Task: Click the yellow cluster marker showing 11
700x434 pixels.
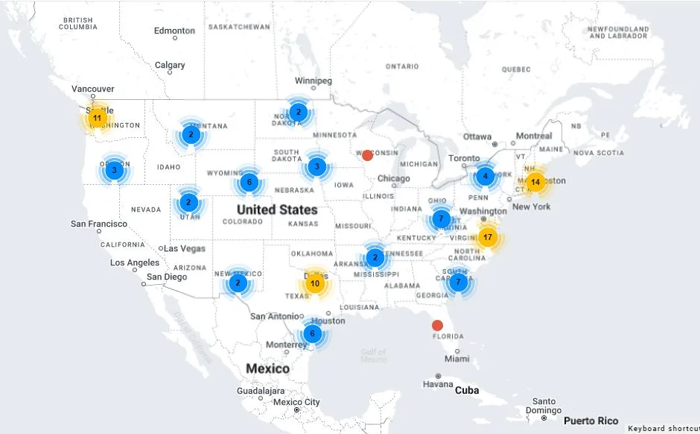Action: tap(97, 118)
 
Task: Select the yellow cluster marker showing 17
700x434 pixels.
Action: tap(488, 238)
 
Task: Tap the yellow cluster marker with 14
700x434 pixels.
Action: tap(535, 182)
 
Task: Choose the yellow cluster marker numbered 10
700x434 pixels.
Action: tap(315, 283)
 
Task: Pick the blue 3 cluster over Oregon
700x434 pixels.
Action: tap(114, 170)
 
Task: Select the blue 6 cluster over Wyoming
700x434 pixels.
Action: tap(249, 182)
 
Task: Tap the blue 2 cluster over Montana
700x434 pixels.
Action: tap(191, 135)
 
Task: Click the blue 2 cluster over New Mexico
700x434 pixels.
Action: tap(238, 283)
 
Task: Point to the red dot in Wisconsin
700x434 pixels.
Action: tap(367, 155)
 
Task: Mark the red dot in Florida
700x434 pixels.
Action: tap(437, 325)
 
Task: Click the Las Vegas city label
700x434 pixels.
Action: tap(185, 248)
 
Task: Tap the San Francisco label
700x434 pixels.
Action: tap(99, 224)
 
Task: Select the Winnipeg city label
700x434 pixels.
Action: tap(313, 81)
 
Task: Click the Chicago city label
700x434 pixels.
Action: tap(393, 178)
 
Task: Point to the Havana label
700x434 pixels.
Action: tap(437, 385)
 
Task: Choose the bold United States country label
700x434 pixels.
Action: tap(277, 210)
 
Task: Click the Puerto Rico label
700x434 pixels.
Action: tap(591, 421)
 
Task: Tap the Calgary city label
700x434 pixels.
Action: tap(170, 66)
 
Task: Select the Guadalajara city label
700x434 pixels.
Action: tap(261, 391)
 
